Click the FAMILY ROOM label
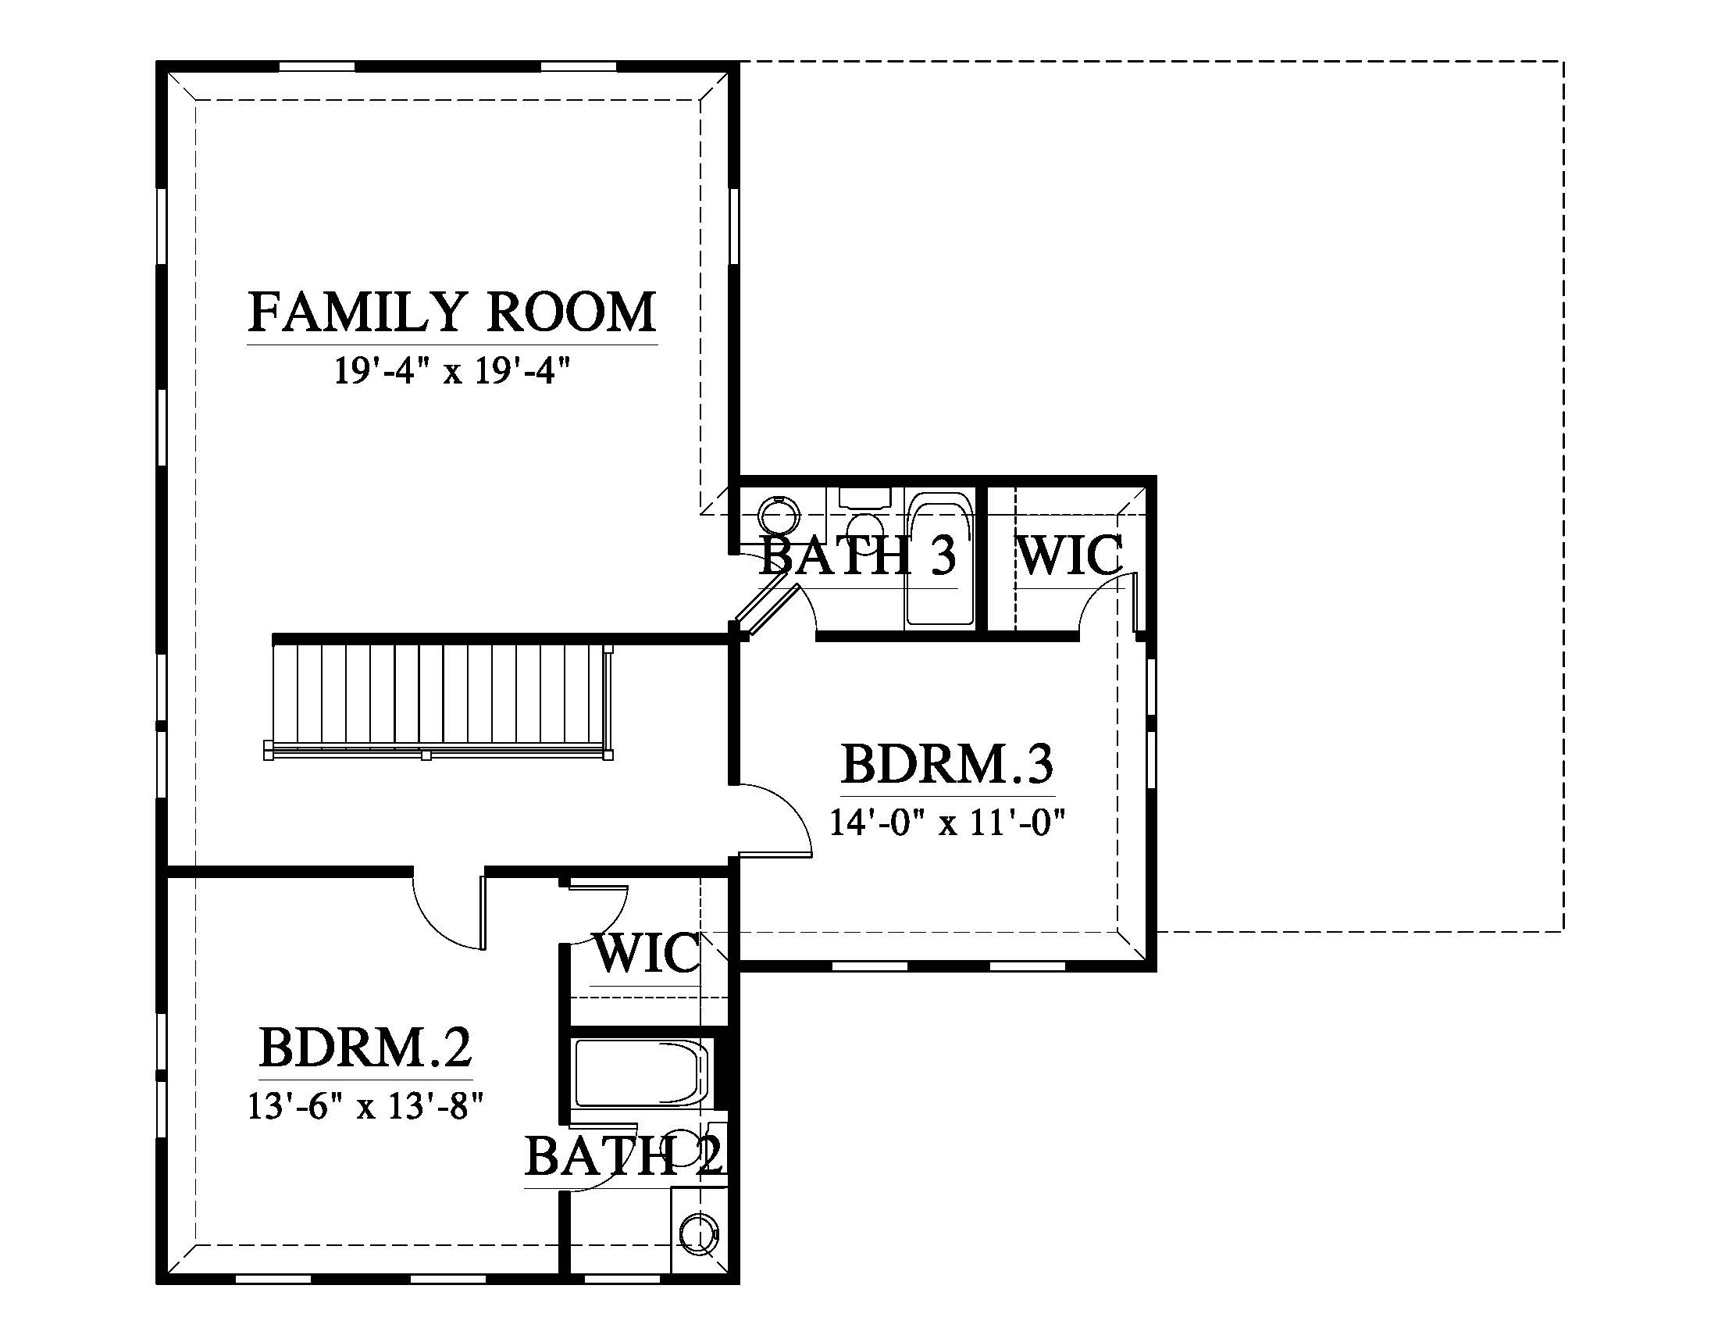click(x=452, y=312)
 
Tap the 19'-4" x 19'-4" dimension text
click(x=451, y=371)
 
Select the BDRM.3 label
click(x=947, y=764)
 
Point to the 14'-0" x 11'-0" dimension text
click(x=947, y=823)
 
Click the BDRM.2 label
click(x=365, y=1047)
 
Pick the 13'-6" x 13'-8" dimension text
click(x=365, y=1107)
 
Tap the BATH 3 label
click(x=857, y=555)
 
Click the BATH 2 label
click(x=624, y=1155)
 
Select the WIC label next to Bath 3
click(x=1070, y=555)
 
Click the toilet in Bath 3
click(x=864, y=512)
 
